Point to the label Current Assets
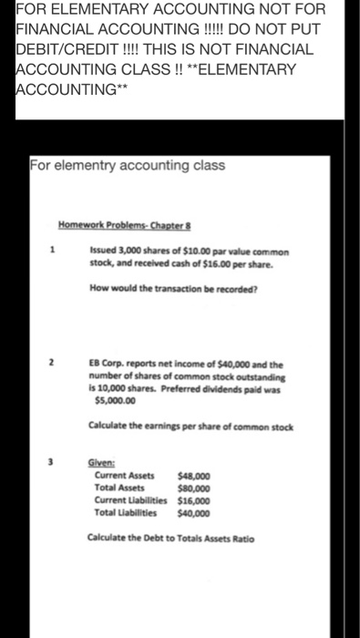(x=124, y=475)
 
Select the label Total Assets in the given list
(x=118, y=487)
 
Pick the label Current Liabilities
(x=128, y=499)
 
